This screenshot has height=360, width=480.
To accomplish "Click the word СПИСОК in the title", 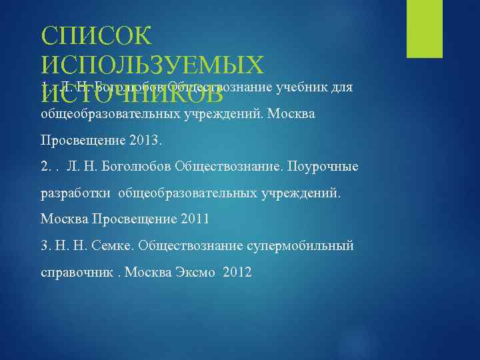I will coord(97,36).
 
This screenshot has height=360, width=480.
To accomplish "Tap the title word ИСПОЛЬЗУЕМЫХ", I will coord(153,65).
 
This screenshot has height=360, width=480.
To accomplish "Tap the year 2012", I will coord(238,272).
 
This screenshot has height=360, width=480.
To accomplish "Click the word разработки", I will coord(76,193).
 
